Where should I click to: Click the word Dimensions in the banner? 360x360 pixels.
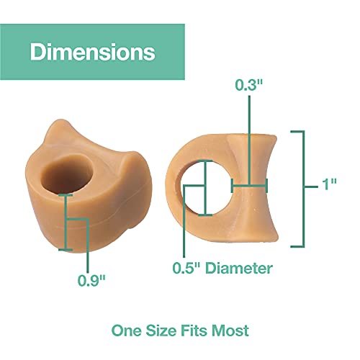point(93,52)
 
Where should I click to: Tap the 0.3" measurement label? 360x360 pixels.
point(249,85)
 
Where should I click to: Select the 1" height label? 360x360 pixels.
point(329,184)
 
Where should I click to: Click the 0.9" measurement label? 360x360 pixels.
point(91,280)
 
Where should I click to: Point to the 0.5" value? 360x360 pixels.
point(186,268)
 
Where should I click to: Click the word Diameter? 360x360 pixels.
point(239,268)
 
